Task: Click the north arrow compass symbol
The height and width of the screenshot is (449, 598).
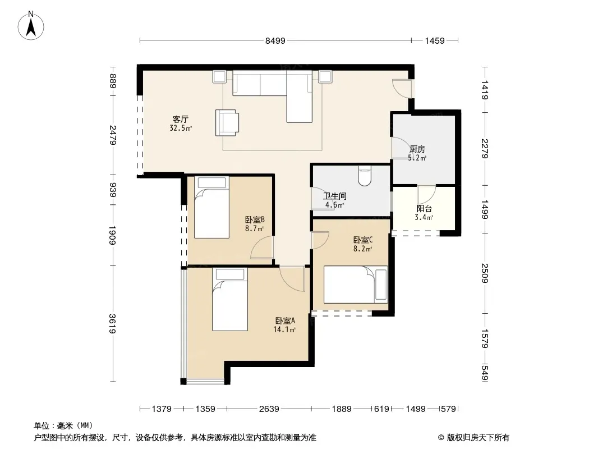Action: pyautogui.click(x=31, y=26)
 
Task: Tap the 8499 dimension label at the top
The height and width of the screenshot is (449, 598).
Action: pyautogui.click(x=275, y=40)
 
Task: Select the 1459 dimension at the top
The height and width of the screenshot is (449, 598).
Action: pyautogui.click(x=435, y=40)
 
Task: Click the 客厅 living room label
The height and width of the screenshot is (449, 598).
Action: pyautogui.click(x=181, y=120)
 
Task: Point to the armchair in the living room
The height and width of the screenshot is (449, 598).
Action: pyautogui.click(x=227, y=122)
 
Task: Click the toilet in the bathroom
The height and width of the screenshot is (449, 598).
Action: pyautogui.click(x=365, y=175)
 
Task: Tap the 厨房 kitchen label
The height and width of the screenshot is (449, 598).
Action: pyautogui.click(x=417, y=149)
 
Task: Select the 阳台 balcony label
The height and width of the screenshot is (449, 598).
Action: pyautogui.click(x=424, y=209)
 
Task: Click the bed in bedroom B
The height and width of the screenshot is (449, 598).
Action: pyautogui.click(x=211, y=207)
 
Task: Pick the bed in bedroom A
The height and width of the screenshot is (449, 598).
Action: pyautogui.click(x=230, y=300)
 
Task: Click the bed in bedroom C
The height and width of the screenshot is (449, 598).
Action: pyautogui.click(x=356, y=285)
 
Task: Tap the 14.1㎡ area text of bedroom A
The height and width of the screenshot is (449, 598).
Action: pyautogui.click(x=284, y=329)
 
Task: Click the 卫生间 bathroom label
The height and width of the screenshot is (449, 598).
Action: pyautogui.click(x=335, y=196)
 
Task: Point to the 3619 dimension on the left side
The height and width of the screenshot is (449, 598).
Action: pyautogui.click(x=112, y=323)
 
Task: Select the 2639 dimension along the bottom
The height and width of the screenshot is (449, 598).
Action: pyautogui.click(x=269, y=409)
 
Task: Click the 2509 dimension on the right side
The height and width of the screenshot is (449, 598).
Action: pyautogui.click(x=485, y=273)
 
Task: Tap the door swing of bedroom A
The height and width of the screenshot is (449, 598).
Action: pyautogui.click(x=292, y=278)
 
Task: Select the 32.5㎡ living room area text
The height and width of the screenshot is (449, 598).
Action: pyautogui.click(x=181, y=128)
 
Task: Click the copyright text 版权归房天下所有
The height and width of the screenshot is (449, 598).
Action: pyautogui.click(x=478, y=438)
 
